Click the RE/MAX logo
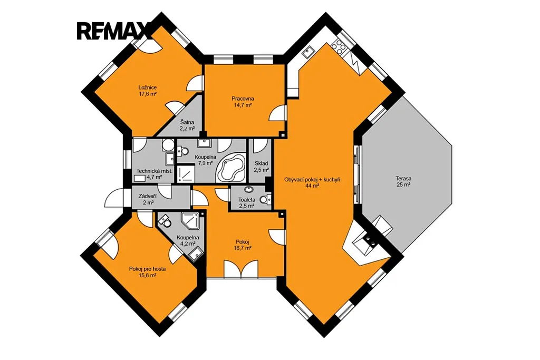click(114, 31)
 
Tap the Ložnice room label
click(148, 91)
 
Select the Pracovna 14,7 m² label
click(243, 102)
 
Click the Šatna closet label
click(187, 125)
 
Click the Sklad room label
click(261, 167)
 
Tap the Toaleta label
click(247, 203)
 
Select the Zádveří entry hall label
click(148, 199)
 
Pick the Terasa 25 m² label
click(403, 182)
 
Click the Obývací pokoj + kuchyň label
click(312, 182)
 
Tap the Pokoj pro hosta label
click(148, 272)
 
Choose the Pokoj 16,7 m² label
click(243, 245)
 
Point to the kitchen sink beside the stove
click(307, 52)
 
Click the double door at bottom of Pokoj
click(240, 269)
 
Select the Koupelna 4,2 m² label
click(188, 240)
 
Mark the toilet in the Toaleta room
click(266, 199)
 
